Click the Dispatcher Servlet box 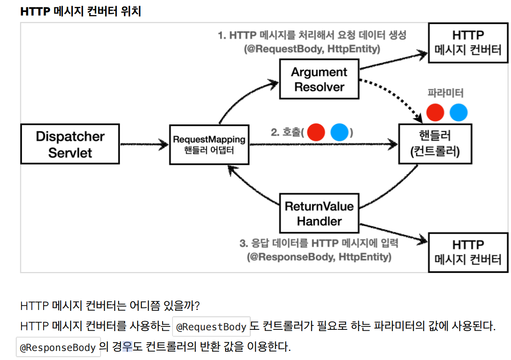pos(70,144)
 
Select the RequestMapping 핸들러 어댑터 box pos(209,144)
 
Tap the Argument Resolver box pos(319,80)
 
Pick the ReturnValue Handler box pos(319,213)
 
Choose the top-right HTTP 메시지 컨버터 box pos(468,42)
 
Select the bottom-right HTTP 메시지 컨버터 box pos(468,252)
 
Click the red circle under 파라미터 pos(435,113)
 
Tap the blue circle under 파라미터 pos(458,113)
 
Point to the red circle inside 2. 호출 pos(317,132)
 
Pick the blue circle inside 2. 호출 pos(339,132)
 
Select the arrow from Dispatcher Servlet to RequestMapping pos(144,145)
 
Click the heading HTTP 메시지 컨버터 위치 pos(81,12)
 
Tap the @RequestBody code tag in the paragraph pos(211,327)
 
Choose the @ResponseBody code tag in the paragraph pos(58,347)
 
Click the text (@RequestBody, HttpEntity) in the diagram pos(312,49)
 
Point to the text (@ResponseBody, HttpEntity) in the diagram pos(319,257)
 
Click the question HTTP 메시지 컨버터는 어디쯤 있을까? pos(110,306)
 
